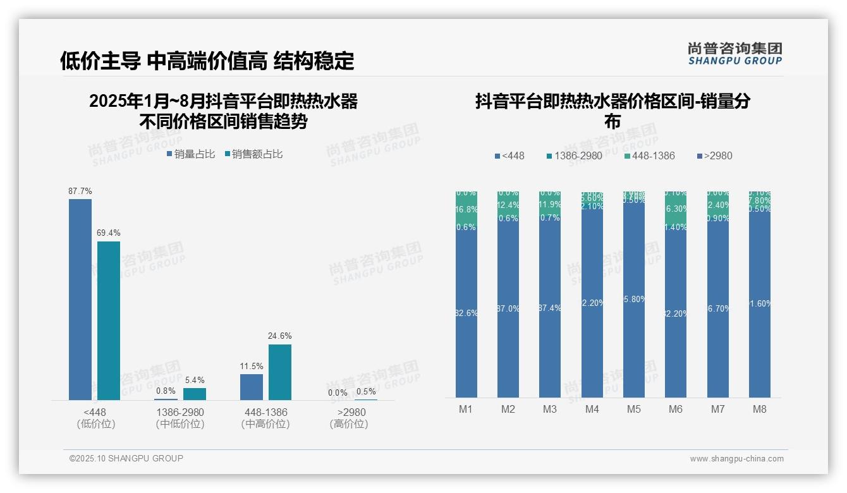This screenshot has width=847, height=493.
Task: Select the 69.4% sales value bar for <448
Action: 109,320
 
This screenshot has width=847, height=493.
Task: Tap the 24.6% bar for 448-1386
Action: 280,372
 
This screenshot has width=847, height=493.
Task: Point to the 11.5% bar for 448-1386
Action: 252,387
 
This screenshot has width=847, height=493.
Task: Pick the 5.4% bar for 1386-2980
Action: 195,394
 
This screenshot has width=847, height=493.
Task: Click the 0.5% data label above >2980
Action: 366,391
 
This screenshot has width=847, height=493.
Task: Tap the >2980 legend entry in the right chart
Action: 714,155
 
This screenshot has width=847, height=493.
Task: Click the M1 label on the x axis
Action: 466,409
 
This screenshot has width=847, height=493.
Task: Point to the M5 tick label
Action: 634,409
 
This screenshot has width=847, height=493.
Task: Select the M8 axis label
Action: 759,409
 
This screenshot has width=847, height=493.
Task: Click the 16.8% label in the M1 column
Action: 466,209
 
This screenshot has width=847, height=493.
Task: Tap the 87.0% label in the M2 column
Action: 508,308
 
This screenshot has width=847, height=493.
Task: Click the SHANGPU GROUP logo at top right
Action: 735,54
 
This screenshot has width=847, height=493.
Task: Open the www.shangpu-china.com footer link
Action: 736,459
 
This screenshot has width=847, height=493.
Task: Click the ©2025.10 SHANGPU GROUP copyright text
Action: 126,458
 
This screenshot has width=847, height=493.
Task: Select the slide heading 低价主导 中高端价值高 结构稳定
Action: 207,61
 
